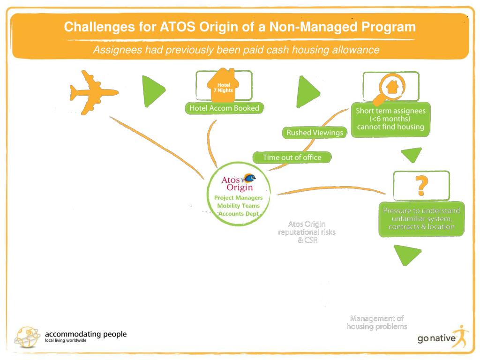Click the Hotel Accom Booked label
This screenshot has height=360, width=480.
pos(224,108)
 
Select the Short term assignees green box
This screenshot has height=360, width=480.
pos(390,120)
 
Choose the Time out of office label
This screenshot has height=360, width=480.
pos(292,157)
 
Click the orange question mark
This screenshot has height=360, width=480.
pos(421,185)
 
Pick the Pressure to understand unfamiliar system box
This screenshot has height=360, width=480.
pos(421,218)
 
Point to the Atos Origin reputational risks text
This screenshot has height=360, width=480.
pos(307,232)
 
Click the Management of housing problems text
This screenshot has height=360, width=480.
pos(376,322)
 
